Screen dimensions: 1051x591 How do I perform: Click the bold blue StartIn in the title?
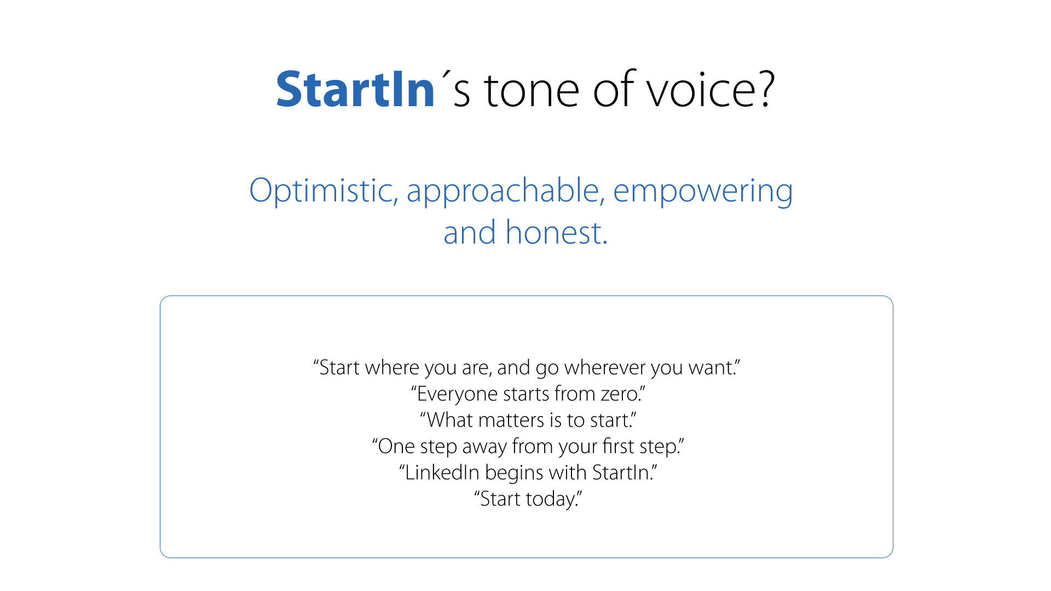[355, 89]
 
